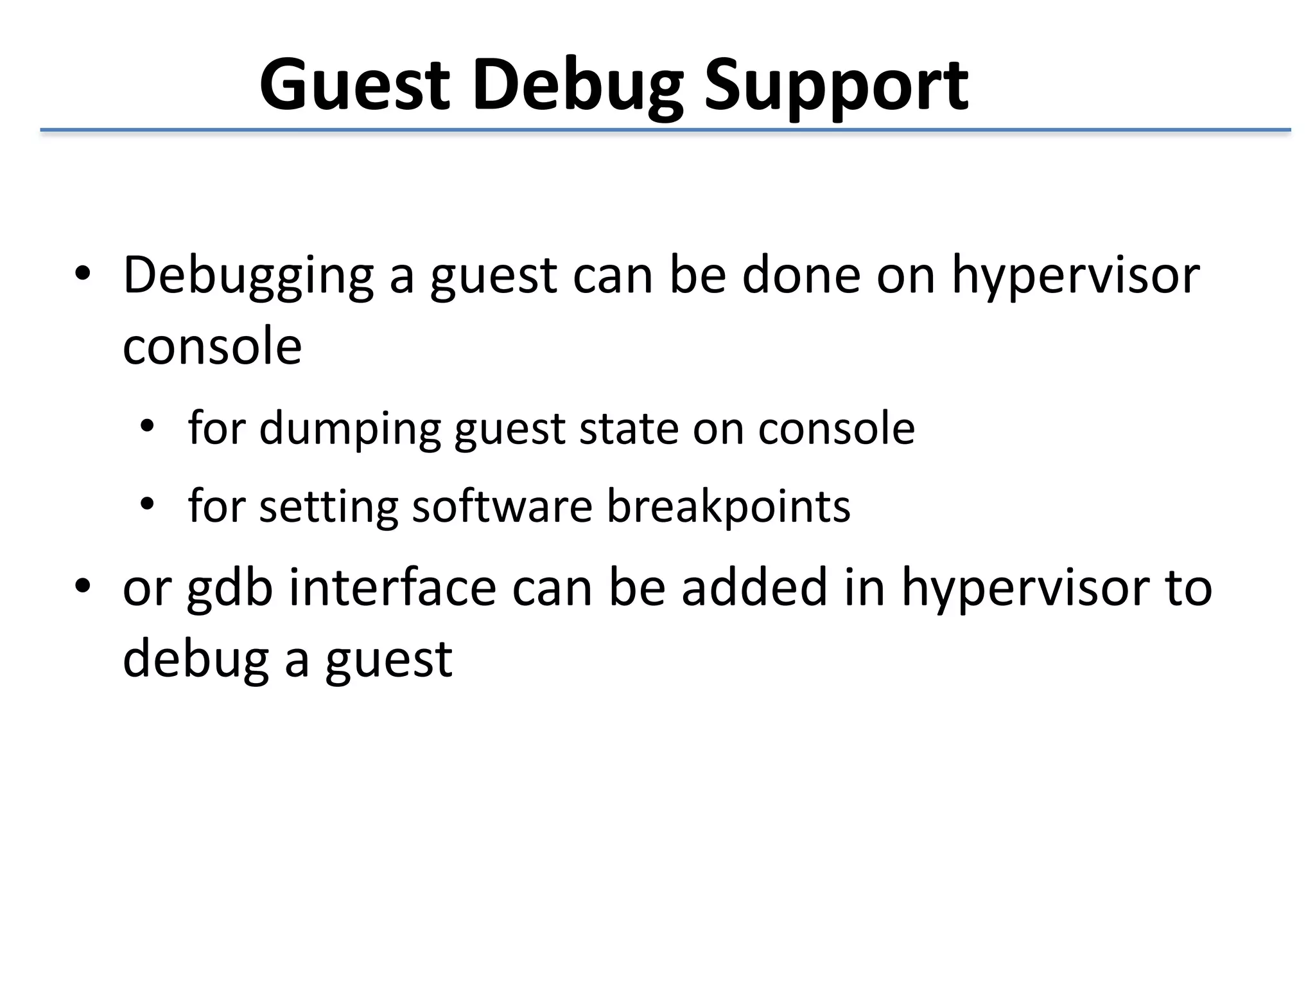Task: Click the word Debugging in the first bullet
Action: (x=248, y=276)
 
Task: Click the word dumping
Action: (x=349, y=429)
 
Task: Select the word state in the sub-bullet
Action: (x=629, y=429)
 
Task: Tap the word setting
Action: (x=328, y=507)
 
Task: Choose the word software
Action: (x=501, y=507)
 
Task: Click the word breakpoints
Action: (x=728, y=507)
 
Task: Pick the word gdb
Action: (x=230, y=589)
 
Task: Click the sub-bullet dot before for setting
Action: (x=147, y=504)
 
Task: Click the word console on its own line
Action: (x=212, y=347)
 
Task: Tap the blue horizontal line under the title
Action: (x=665, y=130)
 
